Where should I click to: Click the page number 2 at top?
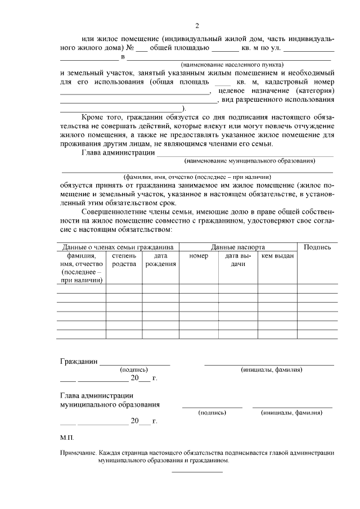tap(197, 25)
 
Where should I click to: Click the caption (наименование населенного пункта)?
tap(232, 65)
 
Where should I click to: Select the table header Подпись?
tap(317, 247)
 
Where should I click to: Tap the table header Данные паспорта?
tap(238, 247)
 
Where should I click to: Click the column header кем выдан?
tap(277, 256)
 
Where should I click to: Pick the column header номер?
tap(199, 256)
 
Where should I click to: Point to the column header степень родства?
tap(124, 260)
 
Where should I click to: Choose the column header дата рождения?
tap(160, 260)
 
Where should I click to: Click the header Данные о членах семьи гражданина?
tap(118, 247)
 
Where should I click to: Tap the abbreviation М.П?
tap(66, 436)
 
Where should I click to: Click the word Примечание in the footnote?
tap(77, 452)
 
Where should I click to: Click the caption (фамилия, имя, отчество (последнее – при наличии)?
tap(197, 176)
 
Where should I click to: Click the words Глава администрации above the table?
tap(118, 152)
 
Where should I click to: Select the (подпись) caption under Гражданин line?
tap(134, 370)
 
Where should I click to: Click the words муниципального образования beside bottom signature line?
tap(110, 404)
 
